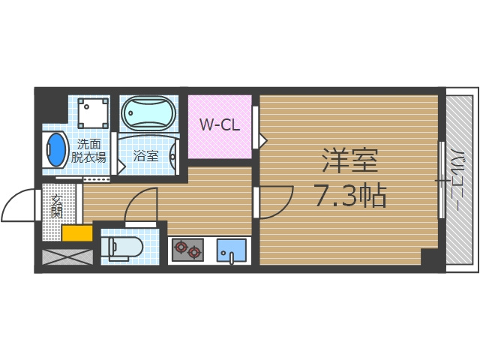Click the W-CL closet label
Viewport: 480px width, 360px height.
tap(219, 125)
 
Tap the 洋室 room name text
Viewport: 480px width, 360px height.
tap(349, 160)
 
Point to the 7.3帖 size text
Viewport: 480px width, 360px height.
tap(349, 196)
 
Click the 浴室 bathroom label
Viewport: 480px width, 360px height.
tap(145, 156)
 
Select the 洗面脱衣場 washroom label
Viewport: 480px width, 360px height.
tap(88, 150)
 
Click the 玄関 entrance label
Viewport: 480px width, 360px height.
tap(57, 205)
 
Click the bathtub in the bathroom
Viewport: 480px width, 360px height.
tap(148, 114)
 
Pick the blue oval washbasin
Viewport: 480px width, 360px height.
tap(56, 150)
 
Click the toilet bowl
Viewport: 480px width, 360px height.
tap(123, 247)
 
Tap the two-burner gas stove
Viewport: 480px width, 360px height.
tap(187, 249)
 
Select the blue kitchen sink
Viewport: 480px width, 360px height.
tap(232, 250)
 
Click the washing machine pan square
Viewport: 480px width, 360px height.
tap(93, 112)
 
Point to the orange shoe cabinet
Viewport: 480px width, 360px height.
tap(76, 233)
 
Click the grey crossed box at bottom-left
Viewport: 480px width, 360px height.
tap(67, 256)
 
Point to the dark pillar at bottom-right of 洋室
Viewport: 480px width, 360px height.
tap(432, 258)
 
